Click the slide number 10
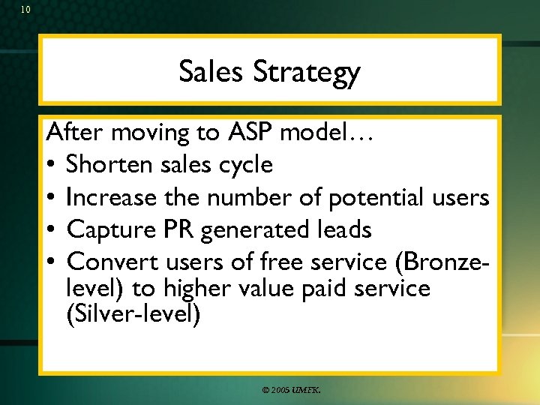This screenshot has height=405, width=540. [x=25, y=10]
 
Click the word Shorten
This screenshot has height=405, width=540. [x=108, y=165]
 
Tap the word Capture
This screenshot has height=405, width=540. [x=106, y=229]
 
